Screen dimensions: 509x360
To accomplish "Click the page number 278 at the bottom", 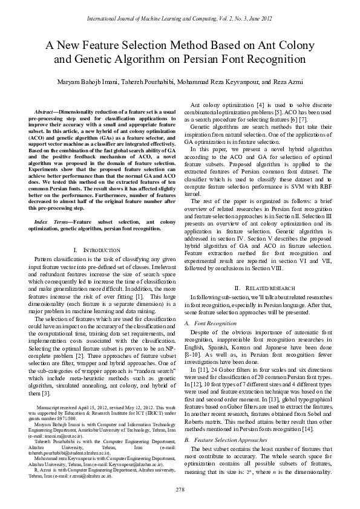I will pos(180,488).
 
